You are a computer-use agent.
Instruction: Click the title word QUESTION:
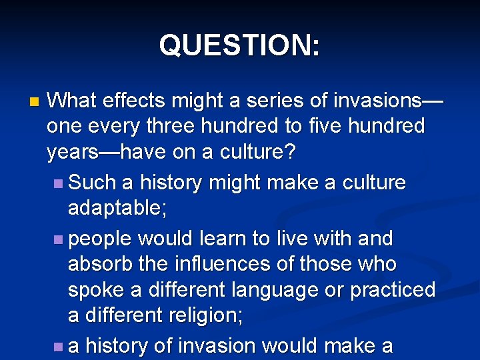point(239,45)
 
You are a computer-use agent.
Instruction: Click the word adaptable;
point(117,209)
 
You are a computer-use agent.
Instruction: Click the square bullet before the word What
point(34,103)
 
